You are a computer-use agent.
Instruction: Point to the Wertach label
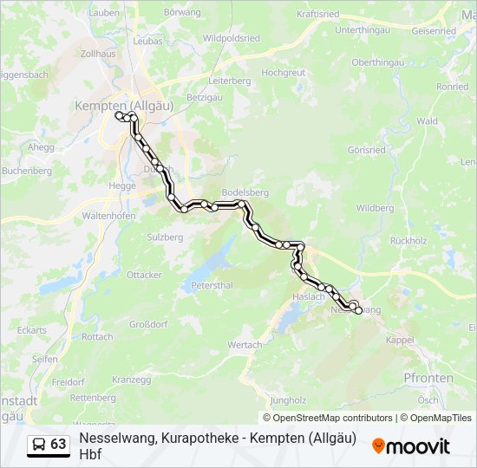click(245, 345)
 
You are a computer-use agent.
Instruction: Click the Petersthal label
click(213, 284)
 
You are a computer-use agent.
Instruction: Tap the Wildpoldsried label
click(231, 39)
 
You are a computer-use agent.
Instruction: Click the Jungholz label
click(289, 400)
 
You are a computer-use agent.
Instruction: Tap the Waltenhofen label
click(108, 215)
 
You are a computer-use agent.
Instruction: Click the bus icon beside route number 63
click(39, 445)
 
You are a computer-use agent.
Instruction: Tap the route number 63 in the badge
click(58, 445)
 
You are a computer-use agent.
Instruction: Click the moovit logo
click(411, 446)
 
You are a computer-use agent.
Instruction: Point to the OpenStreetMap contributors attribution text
click(327, 418)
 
